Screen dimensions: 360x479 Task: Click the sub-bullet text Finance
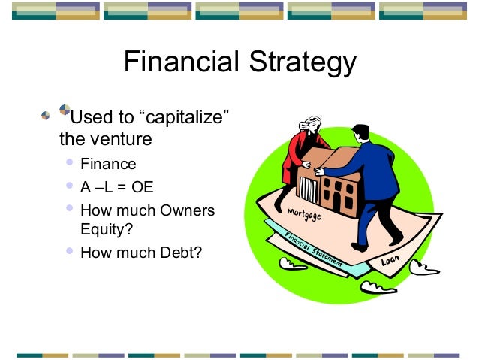(x=108, y=163)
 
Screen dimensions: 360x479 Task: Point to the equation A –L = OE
(x=116, y=187)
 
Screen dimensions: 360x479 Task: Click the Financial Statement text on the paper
(x=313, y=249)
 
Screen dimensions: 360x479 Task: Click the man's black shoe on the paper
(x=360, y=247)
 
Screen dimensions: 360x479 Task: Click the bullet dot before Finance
(x=71, y=162)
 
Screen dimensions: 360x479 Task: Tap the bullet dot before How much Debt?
(x=71, y=251)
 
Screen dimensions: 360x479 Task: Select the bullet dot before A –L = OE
(x=71, y=186)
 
